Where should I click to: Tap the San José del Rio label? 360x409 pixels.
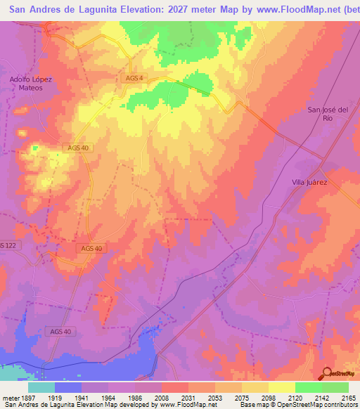click(x=328, y=114)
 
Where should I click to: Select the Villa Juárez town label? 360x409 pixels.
click(x=310, y=182)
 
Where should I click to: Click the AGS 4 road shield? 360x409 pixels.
click(x=131, y=77)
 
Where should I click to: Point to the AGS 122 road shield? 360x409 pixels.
click(x=7, y=245)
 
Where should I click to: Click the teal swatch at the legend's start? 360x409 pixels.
click(x=41, y=387)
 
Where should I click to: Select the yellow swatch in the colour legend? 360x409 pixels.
click(x=281, y=387)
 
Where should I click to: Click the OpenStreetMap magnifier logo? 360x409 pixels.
click(x=326, y=372)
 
